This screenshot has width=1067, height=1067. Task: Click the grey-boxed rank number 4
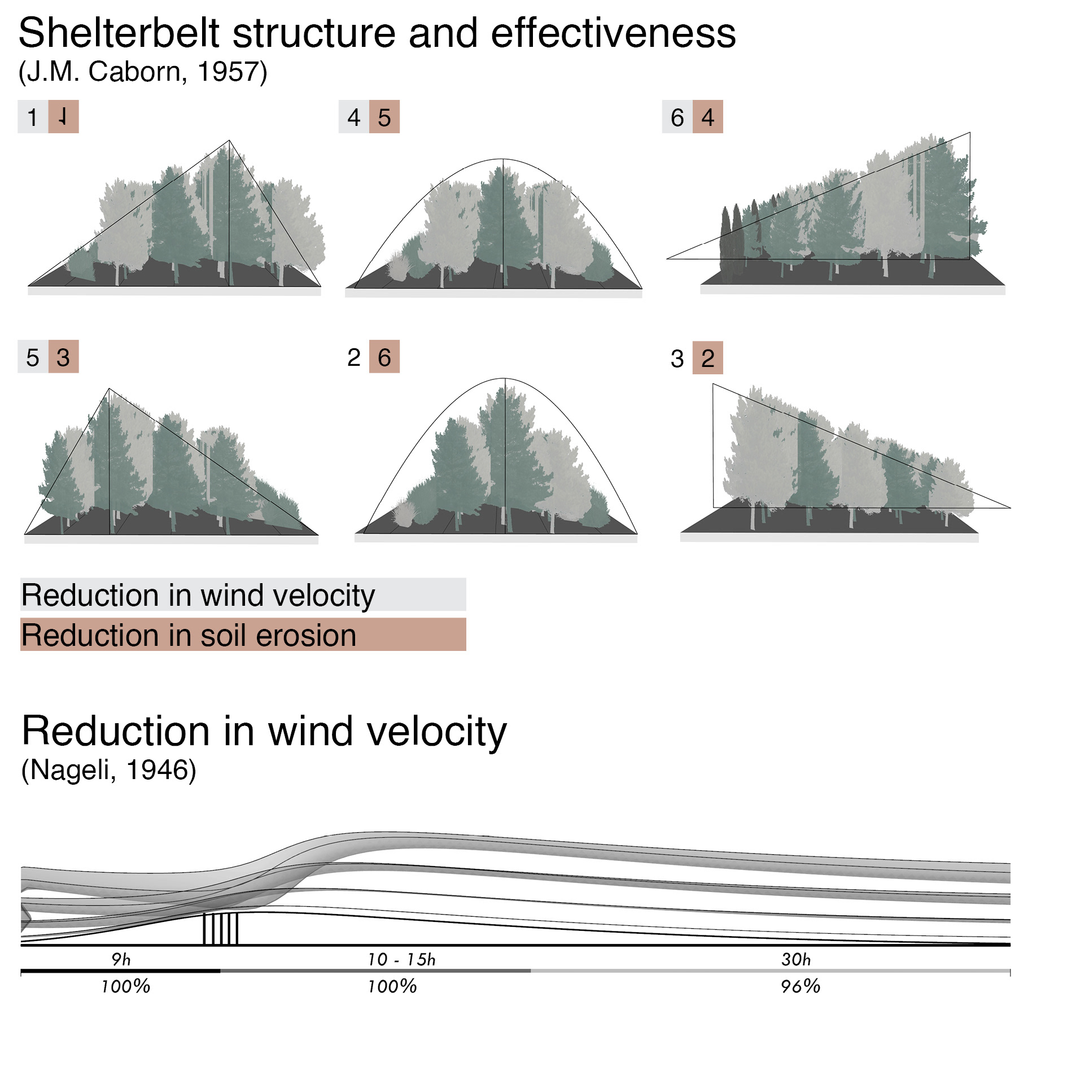pyautogui.click(x=354, y=117)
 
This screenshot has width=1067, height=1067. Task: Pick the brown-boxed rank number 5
pyautogui.click(x=384, y=117)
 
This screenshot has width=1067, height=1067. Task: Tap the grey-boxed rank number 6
pyautogui.click(x=677, y=117)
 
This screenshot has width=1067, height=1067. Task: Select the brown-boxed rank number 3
pyautogui.click(x=63, y=357)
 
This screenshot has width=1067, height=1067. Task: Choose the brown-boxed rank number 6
pyautogui.click(x=384, y=357)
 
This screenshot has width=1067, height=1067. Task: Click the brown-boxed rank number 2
pyautogui.click(x=708, y=358)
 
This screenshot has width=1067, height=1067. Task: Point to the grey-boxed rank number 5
pyautogui.click(x=33, y=357)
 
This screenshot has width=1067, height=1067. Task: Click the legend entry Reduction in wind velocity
pyautogui.click(x=198, y=595)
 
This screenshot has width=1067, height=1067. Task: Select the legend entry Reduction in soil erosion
pyautogui.click(x=189, y=635)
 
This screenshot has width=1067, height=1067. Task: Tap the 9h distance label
pyautogui.click(x=121, y=959)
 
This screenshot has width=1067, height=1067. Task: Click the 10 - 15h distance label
pyautogui.click(x=401, y=959)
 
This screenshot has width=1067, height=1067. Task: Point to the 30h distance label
pyautogui.click(x=796, y=959)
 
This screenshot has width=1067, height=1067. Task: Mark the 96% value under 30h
pyautogui.click(x=801, y=986)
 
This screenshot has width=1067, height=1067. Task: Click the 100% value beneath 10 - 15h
pyautogui.click(x=392, y=986)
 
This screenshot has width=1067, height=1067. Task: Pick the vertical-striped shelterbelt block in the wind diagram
pyautogui.click(x=220, y=929)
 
